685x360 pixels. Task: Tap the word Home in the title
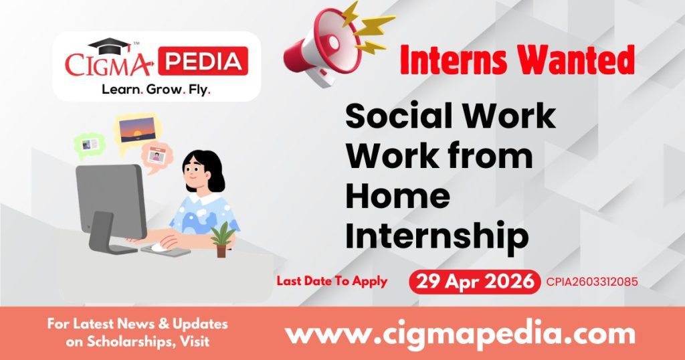(x=397, y=195)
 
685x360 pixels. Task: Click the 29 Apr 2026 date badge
(x=474, y=282)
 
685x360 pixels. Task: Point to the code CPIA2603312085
(x=591, y=282)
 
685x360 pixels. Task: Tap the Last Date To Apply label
(x=332, y=281)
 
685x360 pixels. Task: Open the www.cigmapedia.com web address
(x=460, y=333)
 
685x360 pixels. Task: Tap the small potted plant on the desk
(x=222, y=240)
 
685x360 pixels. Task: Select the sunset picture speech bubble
(x=138, y=130)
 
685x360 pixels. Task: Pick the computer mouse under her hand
(x=158, y=247)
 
